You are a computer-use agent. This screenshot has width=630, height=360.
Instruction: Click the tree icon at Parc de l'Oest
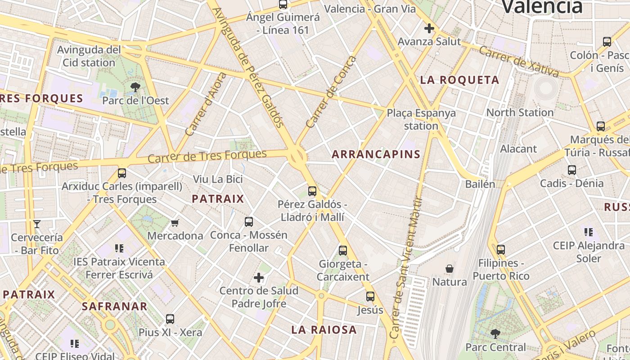pos(135,87)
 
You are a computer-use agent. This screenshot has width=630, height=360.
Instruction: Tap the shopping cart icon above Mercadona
pos(175,223)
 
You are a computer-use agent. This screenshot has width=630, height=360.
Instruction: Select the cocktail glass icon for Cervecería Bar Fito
pos(37,224)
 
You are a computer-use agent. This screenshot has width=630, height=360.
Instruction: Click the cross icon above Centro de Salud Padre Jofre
pos(259,278)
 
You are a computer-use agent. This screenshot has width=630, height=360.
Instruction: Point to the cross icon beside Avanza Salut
pos(429,29)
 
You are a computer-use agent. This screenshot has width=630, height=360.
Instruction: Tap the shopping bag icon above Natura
pos(449,269)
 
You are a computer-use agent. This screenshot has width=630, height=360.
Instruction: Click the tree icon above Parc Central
pos(495,334)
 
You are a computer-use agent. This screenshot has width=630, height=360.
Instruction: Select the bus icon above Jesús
pos(370,297)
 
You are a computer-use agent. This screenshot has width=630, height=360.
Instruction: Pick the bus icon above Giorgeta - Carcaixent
pos(343,251)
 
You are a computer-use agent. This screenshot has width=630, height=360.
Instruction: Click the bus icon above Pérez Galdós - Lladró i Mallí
pos(312,191)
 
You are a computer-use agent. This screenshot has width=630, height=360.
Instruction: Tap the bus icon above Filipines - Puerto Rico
pos(501,250)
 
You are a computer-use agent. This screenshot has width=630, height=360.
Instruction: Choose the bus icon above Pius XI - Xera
pos(170,319)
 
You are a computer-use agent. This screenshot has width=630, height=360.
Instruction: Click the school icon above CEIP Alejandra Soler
pos(589,232)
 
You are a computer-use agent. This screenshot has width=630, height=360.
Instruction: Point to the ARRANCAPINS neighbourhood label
pos(376,154)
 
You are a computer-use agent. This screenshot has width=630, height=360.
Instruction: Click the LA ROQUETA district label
pos(459,80)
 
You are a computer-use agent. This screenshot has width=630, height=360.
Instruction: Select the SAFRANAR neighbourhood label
pos(114,306)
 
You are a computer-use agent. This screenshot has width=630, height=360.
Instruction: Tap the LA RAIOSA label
pos(324,330)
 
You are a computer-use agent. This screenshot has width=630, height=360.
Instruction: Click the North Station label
pos(520,112)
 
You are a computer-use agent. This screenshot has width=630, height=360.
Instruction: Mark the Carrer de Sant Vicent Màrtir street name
pos(407,268)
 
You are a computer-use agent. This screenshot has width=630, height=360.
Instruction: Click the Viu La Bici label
pos(218,179)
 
